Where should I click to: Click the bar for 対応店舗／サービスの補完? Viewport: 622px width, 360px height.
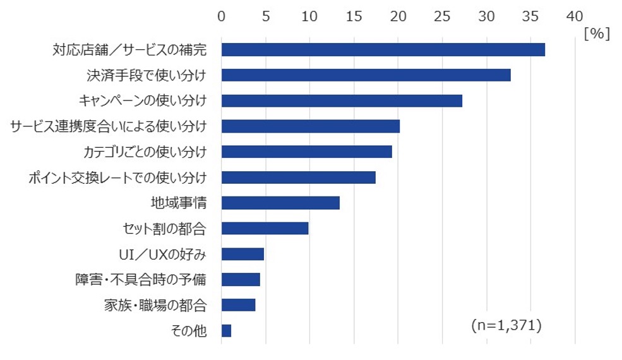pyautogui.click(x=383, y=50)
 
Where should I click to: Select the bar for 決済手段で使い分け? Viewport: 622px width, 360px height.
pyautogui.click(x=366, y=75)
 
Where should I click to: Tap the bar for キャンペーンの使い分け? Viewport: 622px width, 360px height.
pyautogui.click(x=342, y=101)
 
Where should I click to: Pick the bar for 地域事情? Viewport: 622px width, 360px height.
pyautogui.click(x=280, y=203)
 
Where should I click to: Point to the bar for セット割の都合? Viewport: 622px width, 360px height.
pyautogui.click(x=265, y=228)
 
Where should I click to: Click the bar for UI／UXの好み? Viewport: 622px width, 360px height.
pyautogui.click(x=242, y=254)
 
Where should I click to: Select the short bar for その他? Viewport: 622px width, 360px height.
pyautogui.click(x=226, y=330)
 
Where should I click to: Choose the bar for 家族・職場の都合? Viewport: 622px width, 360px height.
pyautogui.click(x=238, y=305)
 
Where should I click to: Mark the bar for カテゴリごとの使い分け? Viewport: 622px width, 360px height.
pyautogui.click(x=306, y=152)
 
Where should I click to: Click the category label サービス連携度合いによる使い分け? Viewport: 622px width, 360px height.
pyautogui.click(x=108, y=126)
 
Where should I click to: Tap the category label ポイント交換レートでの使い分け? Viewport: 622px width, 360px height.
pyautogui.click(x=117, y=177)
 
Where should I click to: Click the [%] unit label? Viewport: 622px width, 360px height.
pyautogui.click(x=597, y=33)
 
